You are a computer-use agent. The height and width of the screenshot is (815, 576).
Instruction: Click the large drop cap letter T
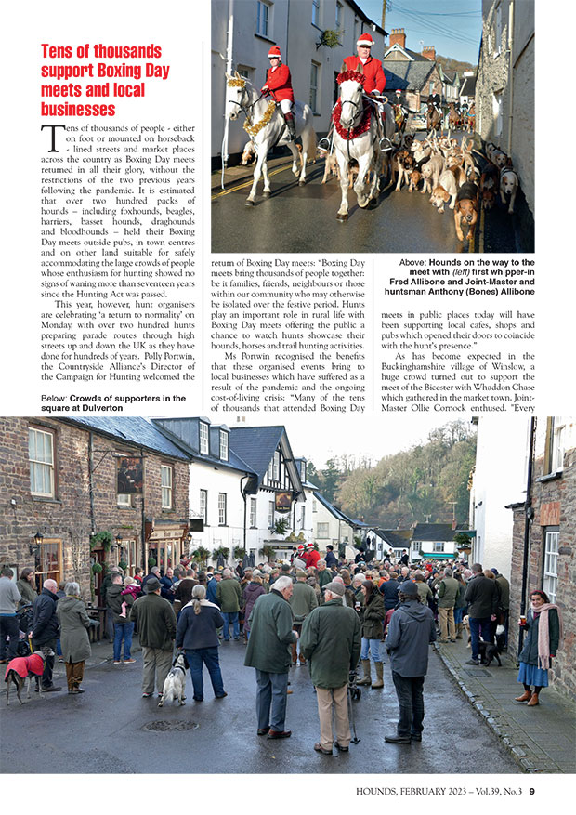pos(51,138)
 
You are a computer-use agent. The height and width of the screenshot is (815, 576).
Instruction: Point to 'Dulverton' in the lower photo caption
pos(95,408)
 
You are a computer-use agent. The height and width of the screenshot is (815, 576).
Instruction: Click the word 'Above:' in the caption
pos(413,263)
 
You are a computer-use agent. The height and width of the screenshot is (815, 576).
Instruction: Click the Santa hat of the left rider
pos(275,52)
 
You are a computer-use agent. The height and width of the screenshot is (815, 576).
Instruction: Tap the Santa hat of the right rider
pos(364,40)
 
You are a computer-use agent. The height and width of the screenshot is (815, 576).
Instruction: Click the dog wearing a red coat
pos(26,665)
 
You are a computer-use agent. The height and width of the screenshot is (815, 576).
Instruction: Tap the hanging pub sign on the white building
pos(282,502)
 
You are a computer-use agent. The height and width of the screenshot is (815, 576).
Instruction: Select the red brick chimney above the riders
pos(398,38)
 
